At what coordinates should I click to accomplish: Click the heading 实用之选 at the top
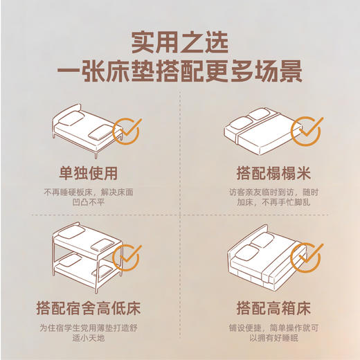(180, 41)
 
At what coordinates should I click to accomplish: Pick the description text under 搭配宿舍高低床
(89, 333)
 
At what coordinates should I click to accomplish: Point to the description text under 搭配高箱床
(270, 333)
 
